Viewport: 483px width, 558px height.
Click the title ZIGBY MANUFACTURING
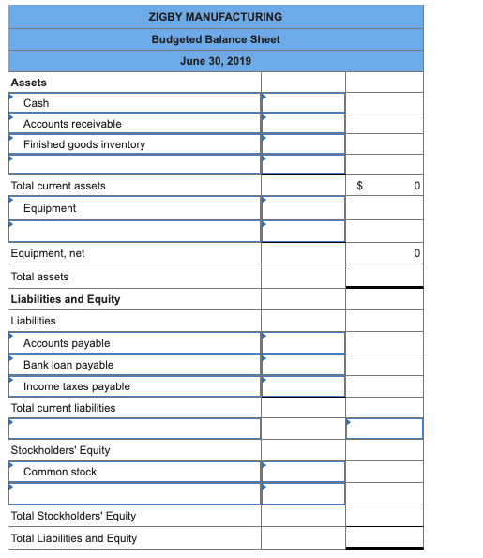[x=215, y=17]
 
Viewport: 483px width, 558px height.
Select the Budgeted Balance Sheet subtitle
[x=215, y=39]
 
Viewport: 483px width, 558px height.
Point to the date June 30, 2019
[x=215, y=61]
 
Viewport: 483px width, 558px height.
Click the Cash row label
[x=37, y=103]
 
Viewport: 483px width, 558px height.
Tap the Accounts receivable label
[x=72, y=124]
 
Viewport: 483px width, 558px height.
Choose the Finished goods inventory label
[x=84, y=144]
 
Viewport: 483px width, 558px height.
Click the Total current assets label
[x=58, y=186]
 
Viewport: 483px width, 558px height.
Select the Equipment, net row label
[x=48, y=253]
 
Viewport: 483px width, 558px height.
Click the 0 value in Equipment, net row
[x=415, y=254]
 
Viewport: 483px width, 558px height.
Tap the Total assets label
[x=39, y=277]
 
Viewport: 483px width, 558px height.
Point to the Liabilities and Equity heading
[x=66, y=299]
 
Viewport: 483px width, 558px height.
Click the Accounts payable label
[x=67, y=343]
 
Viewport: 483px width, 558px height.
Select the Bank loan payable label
[x=68, y=365]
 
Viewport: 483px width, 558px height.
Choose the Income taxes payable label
[x=77, y=386]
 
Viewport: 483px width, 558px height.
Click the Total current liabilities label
[x=63, y=408]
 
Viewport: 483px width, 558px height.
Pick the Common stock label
[x=60, y=472]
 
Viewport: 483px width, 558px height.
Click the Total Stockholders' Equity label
[x=73, y=516]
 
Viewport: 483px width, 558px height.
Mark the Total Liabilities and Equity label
[x=73, y=538]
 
